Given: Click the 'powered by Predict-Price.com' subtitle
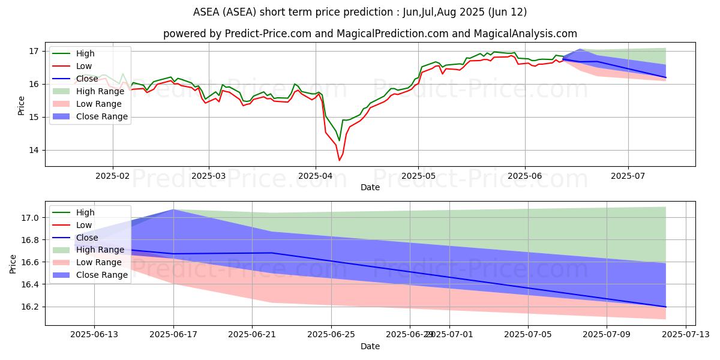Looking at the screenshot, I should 370,34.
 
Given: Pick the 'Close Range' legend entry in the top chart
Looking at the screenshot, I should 101,116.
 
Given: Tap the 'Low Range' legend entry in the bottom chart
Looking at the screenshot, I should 100,262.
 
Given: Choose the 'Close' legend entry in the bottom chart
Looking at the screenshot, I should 88,237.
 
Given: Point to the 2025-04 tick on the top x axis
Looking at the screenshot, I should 316,175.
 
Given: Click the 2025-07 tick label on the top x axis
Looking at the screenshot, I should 628,175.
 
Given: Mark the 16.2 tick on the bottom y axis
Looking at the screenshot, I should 31,307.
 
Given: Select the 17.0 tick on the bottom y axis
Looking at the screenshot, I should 31,218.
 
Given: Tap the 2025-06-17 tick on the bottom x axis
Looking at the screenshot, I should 173,335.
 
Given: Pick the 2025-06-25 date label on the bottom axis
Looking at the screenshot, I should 331,335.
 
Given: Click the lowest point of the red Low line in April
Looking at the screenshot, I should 339,160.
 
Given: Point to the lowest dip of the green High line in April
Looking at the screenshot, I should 339,141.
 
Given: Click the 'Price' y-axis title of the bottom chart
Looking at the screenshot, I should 13,263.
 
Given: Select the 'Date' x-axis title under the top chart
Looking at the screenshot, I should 370,187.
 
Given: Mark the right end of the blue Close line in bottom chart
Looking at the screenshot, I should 666,307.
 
